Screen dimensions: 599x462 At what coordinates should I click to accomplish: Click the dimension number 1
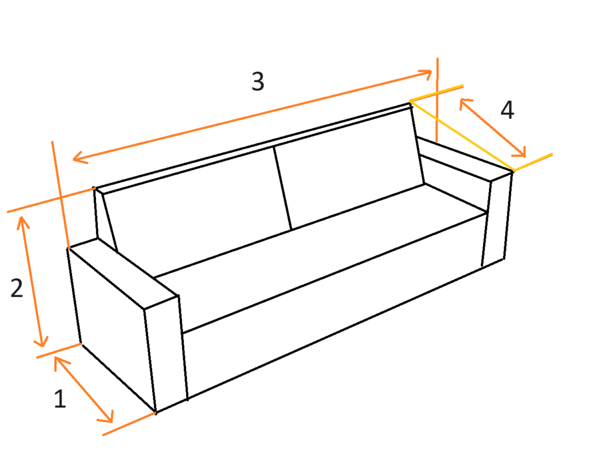[60, 399]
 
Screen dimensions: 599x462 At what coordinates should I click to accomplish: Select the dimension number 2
[17, 288]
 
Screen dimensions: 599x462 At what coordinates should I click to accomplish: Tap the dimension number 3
[258, 81]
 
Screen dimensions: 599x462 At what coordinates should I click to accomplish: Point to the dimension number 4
[507, 110]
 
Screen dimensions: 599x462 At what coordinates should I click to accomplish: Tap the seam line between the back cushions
[283, 188]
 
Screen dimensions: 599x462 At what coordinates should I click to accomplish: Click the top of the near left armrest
[122, 272]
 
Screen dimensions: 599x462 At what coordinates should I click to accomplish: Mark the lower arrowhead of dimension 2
[42, 341]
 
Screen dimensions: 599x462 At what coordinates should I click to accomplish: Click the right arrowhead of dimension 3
[426, 73]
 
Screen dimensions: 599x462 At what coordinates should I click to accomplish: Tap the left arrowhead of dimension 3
[79, 158]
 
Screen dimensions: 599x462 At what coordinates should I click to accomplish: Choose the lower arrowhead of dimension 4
[519, 152]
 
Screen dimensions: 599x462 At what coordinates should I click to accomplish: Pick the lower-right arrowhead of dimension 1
[107, 417]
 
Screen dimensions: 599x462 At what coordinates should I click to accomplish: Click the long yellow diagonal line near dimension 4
[462, 135]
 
